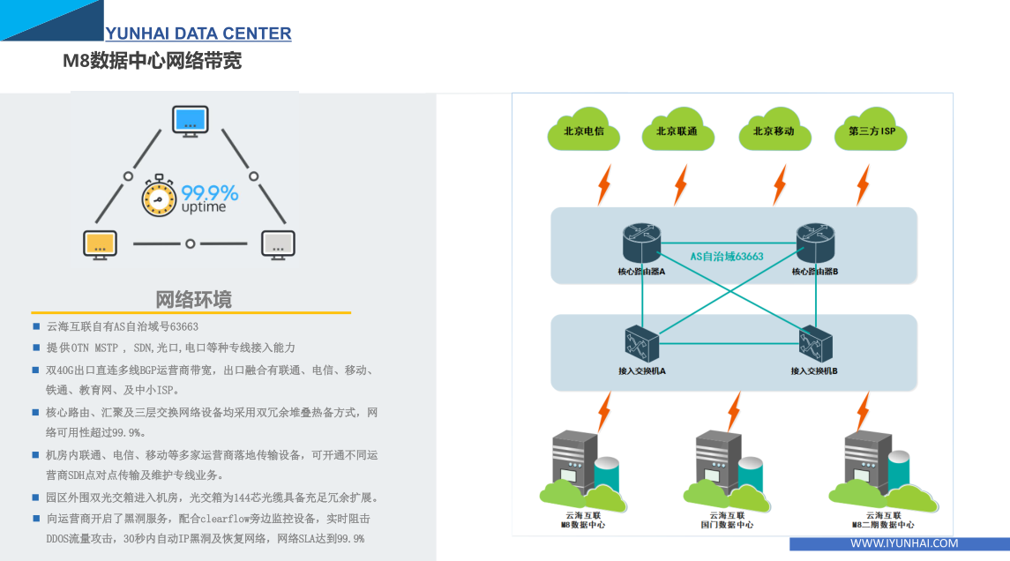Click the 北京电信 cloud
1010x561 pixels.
(583, 131)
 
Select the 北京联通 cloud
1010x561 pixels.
(677, 131)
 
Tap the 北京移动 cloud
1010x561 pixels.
(774, 131)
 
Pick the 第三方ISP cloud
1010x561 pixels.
(872, 131)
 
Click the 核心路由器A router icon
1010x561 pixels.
(641, 243)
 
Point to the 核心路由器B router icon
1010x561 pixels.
(814, 243)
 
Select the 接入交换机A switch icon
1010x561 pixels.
(642, 343)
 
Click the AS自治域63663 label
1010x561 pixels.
(727, 257)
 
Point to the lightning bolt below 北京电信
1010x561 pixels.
(604, 184)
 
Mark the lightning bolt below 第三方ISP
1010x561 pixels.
(863, 184)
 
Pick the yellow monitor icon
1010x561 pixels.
(100, 243)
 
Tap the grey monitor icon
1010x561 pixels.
(278, 243)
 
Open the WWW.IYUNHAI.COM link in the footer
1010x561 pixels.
(904, 543)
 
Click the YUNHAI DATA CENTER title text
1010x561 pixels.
(198, 34)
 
